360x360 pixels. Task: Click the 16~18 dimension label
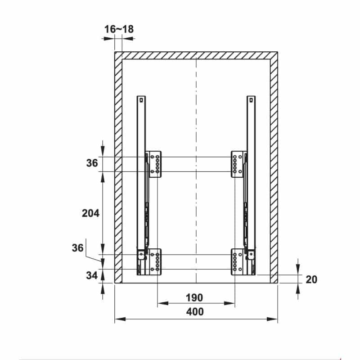point(119,29)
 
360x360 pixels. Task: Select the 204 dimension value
point(91,213)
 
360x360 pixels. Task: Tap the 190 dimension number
point(194,297)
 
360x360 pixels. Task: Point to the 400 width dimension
point(195,311)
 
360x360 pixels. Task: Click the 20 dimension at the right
point(311,279)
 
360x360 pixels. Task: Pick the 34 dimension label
point(92,275)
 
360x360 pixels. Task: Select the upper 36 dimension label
point(92,163)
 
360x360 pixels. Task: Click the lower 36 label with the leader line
point(77,248)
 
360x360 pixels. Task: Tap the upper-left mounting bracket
point(153,164)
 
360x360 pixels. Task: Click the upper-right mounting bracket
point(239,164)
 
